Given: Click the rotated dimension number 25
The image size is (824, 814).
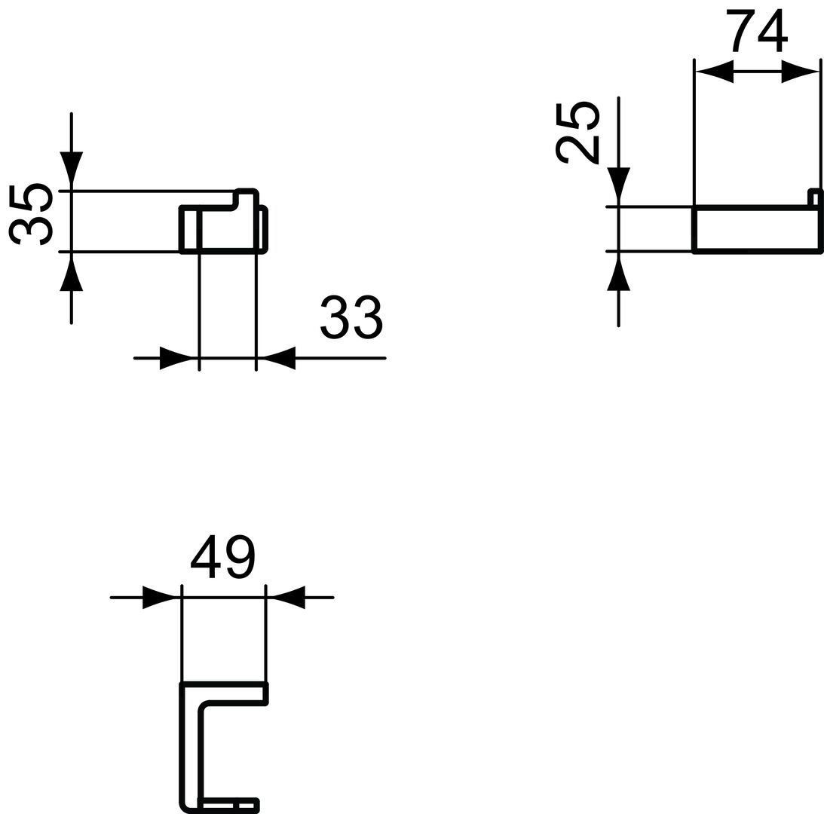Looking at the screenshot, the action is point(577,133).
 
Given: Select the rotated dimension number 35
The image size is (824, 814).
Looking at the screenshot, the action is point(32,214).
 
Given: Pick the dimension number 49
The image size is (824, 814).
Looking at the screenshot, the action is point(223,558).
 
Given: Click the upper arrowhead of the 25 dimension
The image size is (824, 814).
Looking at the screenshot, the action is point(618,187).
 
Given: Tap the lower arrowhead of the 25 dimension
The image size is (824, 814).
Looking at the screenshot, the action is point(618,271).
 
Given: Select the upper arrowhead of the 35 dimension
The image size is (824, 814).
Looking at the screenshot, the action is point(71,171).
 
